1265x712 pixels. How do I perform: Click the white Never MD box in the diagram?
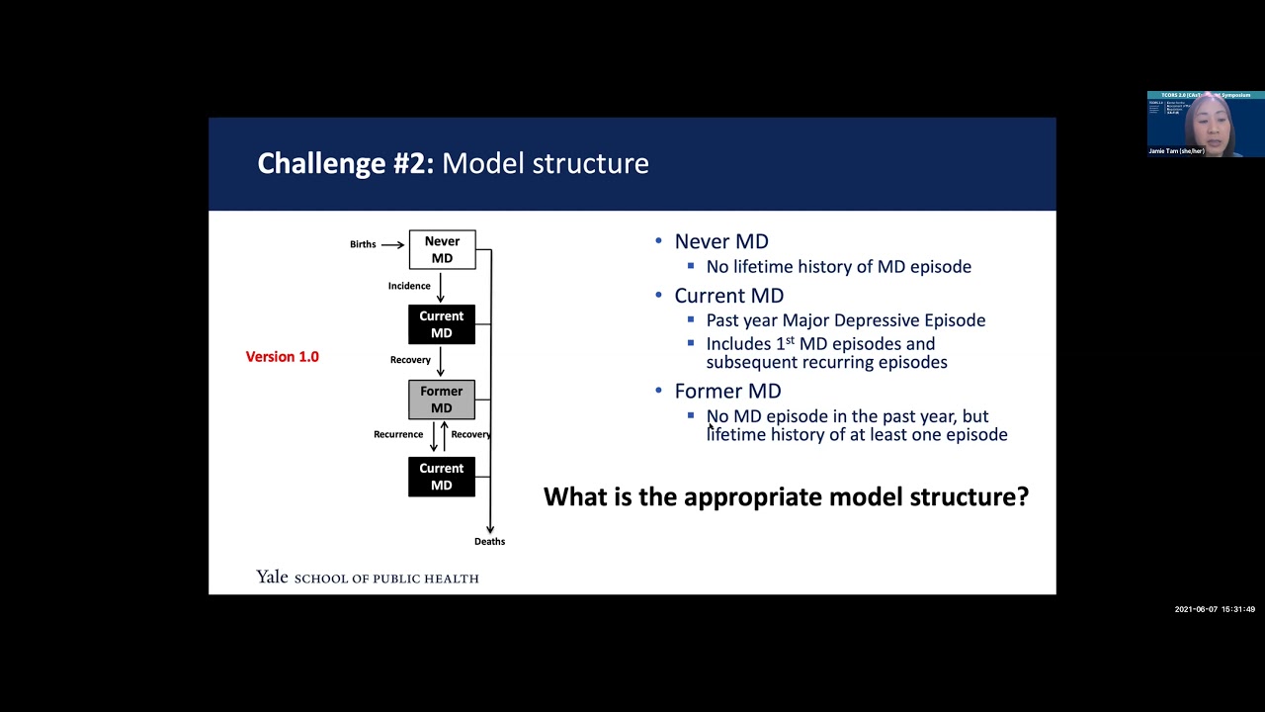tap(442, 249)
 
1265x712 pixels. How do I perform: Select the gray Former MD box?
tap(442, 400)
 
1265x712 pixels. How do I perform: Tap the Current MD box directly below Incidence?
tap(442, 324)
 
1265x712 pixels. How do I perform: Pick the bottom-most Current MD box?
tap(442, 477)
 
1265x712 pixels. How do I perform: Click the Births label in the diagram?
tap(363, 244)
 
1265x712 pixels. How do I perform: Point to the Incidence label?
tap(409, 286)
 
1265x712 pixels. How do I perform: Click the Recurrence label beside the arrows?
tap(398, 434)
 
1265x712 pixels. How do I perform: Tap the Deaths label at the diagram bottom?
tap(489, 541)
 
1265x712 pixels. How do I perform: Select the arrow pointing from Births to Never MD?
tap(392, 244)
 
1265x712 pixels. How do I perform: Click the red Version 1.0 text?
tap(282, 357)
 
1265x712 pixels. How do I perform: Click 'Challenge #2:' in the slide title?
tap(345, 163)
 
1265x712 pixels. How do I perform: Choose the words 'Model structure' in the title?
tap(546, 163)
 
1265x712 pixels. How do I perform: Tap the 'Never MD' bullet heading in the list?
tap(721, 241)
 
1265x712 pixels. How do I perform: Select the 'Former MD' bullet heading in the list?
tap(727, 392)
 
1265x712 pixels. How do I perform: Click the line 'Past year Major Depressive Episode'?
tap(845, 320)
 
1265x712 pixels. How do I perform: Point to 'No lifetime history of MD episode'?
tap(838, 267)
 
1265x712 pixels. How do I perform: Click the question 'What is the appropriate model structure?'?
tap(786, 496)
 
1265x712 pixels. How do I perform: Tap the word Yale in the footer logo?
tap(272, 577)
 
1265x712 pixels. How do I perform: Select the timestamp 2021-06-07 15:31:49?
tap(1215, 609)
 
